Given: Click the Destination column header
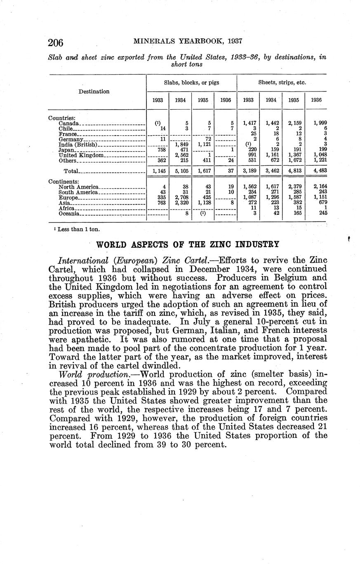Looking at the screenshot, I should [x=94, y=92].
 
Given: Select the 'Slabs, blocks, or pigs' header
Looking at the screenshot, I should [x=191, y=82].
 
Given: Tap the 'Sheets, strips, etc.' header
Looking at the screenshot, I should [x=282, y=82].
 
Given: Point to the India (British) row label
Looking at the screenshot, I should [x=78, y=144].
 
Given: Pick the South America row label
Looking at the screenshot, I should [x=78, y=192].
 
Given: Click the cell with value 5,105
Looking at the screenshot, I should [x=181, y=171].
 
